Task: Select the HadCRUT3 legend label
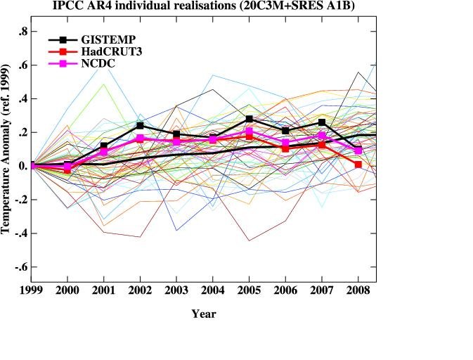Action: (108, 51)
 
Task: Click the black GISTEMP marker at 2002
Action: (140, 126)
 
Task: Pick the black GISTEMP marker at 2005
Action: (249, 119)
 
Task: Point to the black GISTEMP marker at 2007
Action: (321, 122)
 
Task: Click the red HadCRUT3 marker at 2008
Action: (358, 165)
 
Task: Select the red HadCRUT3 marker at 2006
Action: (285, 148)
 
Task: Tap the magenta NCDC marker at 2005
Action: (249, 131)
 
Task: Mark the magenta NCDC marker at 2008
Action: (358, 150)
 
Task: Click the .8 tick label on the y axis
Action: (23, 31)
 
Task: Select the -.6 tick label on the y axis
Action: (21, 267)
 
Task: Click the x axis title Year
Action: (204, 314)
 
